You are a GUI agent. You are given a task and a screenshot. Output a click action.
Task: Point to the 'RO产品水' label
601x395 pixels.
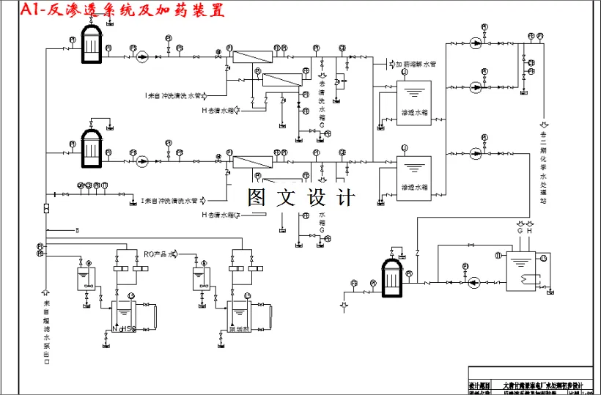[x=160, y=254]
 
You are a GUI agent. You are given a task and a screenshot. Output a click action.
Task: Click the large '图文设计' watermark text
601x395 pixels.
[x=300, y=199]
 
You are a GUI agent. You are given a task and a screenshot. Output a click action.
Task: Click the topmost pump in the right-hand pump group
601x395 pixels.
[x=476, y=43]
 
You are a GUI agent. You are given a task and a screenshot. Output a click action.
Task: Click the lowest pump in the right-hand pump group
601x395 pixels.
[x=476, y=154]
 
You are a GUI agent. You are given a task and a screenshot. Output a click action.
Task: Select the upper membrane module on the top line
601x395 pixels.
[x=251, y=56]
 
